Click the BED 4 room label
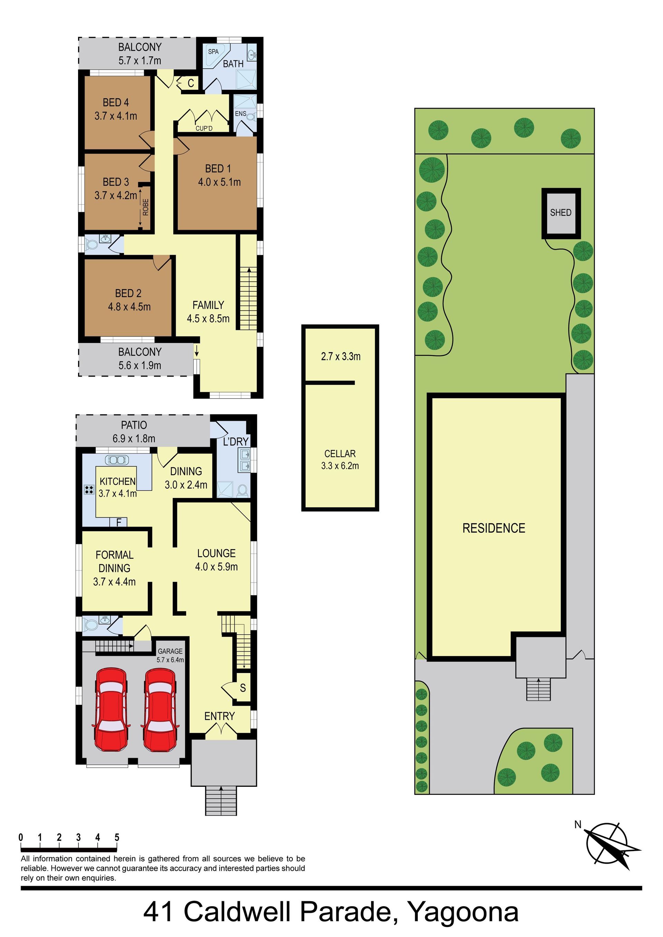pos(116,103)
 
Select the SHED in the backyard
pos(561,213)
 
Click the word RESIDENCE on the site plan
pos(493,528)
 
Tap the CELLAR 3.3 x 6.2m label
pos(340,459)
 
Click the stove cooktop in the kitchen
pos(89,490)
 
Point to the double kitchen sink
pos(117,460)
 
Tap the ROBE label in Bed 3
pos(146,207)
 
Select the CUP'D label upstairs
pos(204,128)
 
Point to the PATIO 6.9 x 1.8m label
pos(134,432)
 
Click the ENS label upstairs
pos(240,114)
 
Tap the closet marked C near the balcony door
pos(191,83)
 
